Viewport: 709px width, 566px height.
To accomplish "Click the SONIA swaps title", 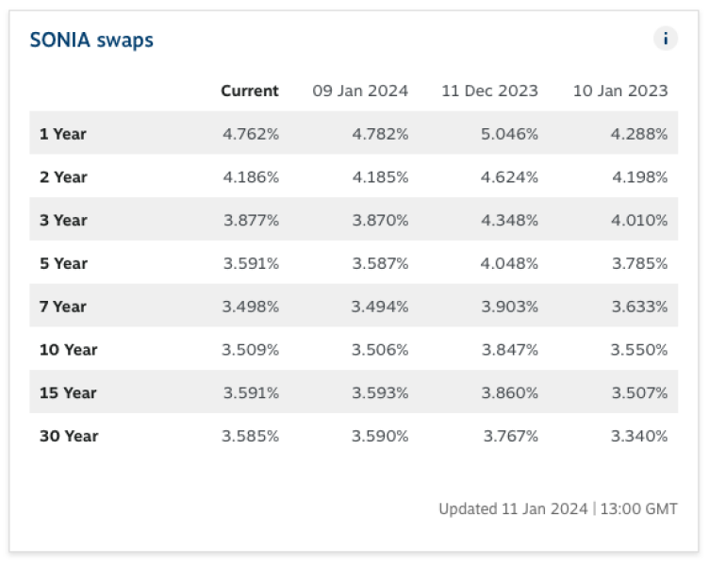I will pos(91,40).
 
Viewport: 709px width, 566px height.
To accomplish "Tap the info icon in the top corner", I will pos(666,39).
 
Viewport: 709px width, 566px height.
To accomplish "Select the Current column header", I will pos(250,91).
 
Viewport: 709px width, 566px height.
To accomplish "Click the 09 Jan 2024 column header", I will pos(360,91).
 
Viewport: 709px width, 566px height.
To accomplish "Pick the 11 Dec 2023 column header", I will pos(489,91).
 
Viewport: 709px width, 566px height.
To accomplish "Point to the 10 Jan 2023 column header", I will pos(620,91).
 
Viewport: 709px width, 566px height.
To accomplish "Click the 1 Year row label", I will pos(62,134).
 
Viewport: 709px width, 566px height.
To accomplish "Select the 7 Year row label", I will pos(62,307).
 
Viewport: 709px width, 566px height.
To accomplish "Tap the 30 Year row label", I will pos(68,436).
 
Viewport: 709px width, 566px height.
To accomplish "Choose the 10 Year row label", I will pos(68,350).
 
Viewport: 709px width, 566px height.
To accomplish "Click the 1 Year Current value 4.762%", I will pos(251,134).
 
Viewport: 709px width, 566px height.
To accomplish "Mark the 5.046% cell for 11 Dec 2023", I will pos(509,134).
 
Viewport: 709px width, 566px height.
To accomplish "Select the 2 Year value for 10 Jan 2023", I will pos(639,177).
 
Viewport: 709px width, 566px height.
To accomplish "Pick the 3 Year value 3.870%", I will pos(380,220).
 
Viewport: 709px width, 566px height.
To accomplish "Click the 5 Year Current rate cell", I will pos(251,263).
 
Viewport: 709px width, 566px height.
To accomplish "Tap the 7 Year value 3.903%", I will pos(509,307).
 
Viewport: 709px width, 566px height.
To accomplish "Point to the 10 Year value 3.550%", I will pos(639,350).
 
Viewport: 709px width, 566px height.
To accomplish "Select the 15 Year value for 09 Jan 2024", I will pos(380,392).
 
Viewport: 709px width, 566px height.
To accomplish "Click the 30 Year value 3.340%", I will pos(639,436).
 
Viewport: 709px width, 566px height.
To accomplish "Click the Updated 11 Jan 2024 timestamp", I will pos(558,508).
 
